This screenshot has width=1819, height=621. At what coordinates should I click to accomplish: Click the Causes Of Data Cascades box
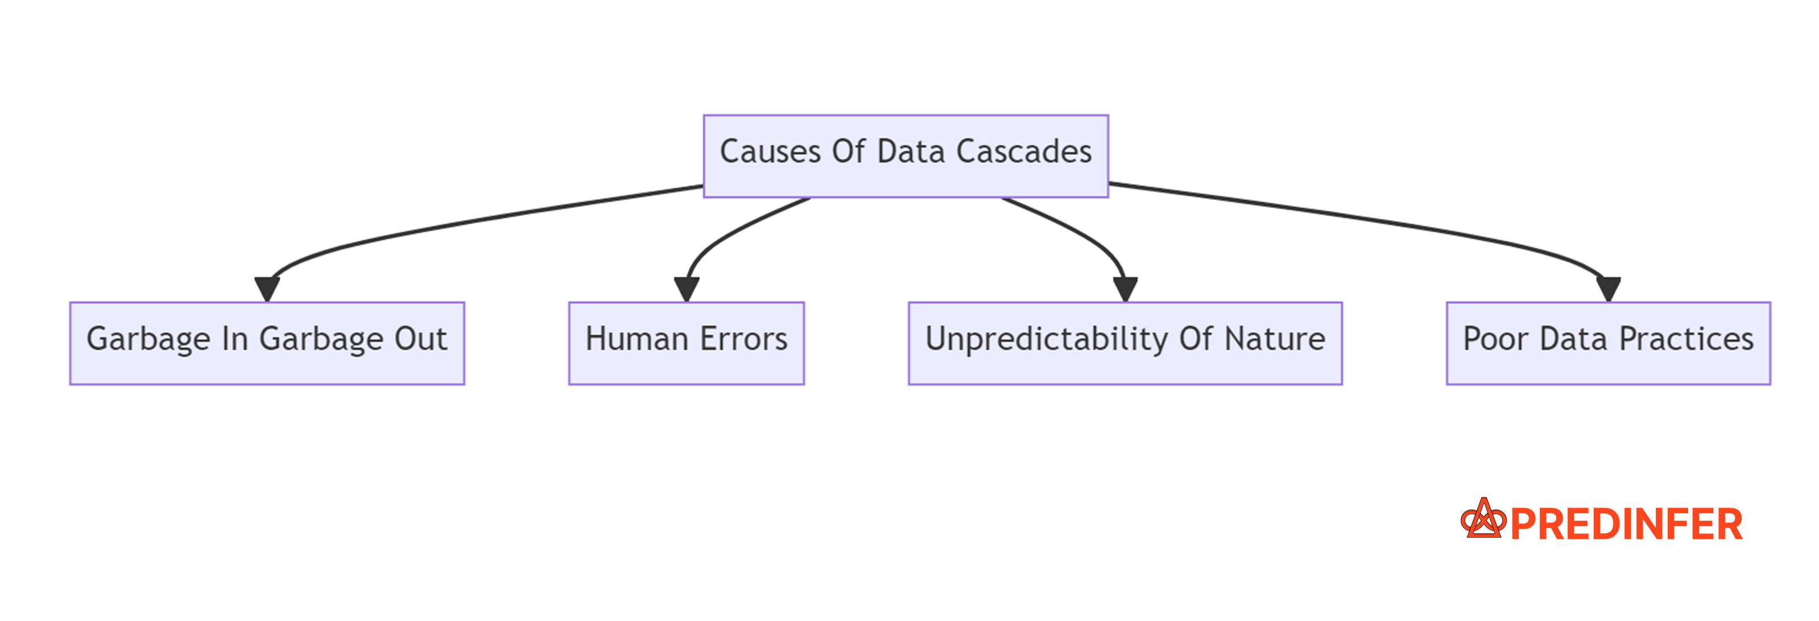906,155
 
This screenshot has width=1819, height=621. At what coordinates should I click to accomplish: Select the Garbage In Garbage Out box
267,343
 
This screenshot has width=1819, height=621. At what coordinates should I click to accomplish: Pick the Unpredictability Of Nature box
1125,343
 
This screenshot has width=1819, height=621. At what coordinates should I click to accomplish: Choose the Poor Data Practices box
1608,343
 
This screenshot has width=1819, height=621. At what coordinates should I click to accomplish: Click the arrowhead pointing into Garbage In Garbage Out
267,288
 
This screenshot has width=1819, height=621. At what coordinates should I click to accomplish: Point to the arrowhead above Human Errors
687,288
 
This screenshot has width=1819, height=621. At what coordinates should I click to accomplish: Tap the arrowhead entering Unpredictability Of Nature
1125,288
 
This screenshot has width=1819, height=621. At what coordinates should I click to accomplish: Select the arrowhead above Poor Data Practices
1608,288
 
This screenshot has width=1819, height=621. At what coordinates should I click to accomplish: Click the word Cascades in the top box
1023,152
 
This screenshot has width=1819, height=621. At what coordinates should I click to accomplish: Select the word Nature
1275,339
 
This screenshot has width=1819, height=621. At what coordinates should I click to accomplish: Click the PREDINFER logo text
1626,525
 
